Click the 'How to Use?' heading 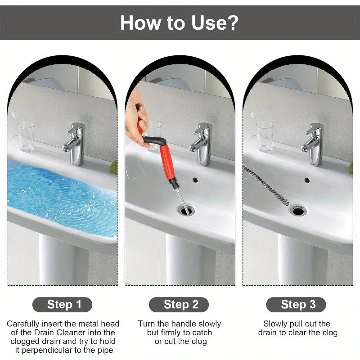pyautogui.click(x=179, y=23)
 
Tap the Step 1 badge pyautogui.click(x=62, y=305)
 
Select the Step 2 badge pyautogui.click(x=179, y=305)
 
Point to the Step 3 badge pyautogui.click(x=296, y=305)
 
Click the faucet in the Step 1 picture pyautogui.click(x=75, y=144)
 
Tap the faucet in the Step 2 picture pyautogui.click(x=201, y=144)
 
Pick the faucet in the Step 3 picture pyautogui.click(x=313, y=144)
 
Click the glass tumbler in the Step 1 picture pyautogui.click(x=27, y=136)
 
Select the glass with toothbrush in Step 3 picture pyautogui.click(x=264, y=133)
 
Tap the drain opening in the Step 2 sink pyautogui.click(x=185, y=210)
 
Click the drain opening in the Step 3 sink pyautogui.click(x=298, y=211)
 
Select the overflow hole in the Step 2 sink pyautogui.click(x=195, y=180)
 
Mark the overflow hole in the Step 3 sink pyautogui.click(x=307, y=180)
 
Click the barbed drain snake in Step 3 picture pyautogui.click(x=265, y=185)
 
